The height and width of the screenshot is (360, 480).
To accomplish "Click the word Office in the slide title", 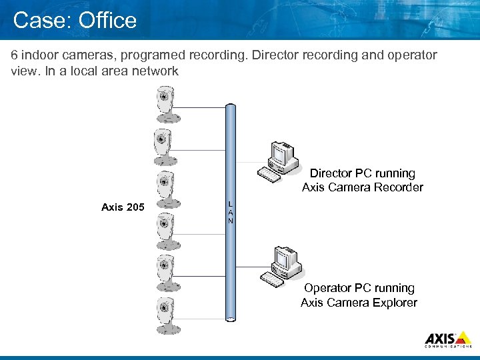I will click(x=107, y=20).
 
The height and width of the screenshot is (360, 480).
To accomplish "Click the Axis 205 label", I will click(x=122, y=207).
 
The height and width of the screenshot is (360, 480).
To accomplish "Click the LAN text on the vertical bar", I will click(x=231, y=211).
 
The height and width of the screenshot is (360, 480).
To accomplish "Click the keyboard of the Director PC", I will click(x=270, y=175).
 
